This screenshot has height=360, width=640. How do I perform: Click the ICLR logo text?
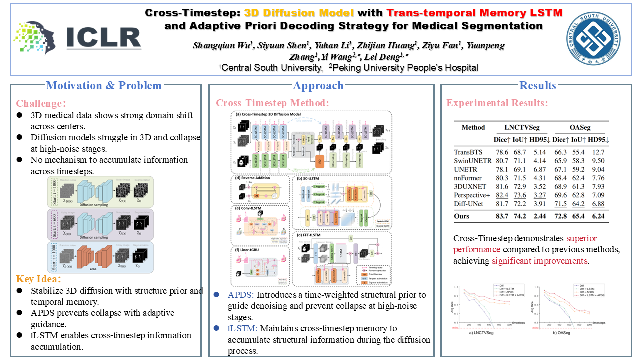point(103,38)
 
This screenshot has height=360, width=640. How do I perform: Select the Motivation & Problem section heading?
point(104,86)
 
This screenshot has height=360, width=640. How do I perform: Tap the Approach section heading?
point(318,86)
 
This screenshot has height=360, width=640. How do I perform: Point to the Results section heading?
point(538,86)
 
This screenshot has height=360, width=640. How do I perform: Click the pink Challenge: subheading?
point(41,104)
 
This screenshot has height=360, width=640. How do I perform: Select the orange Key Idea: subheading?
point(39,279)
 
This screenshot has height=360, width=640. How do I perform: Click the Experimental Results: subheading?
point(497,103)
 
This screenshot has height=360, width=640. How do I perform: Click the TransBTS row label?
point(467,152)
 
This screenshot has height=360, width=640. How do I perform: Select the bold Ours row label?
point(463,216)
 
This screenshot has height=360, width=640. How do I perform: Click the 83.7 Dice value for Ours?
point(502,216)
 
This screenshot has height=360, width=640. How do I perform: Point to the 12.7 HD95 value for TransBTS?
point(598,152)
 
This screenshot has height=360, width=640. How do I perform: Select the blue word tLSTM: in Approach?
point(242,328)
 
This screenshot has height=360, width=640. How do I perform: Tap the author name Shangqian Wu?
point(223,46)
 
